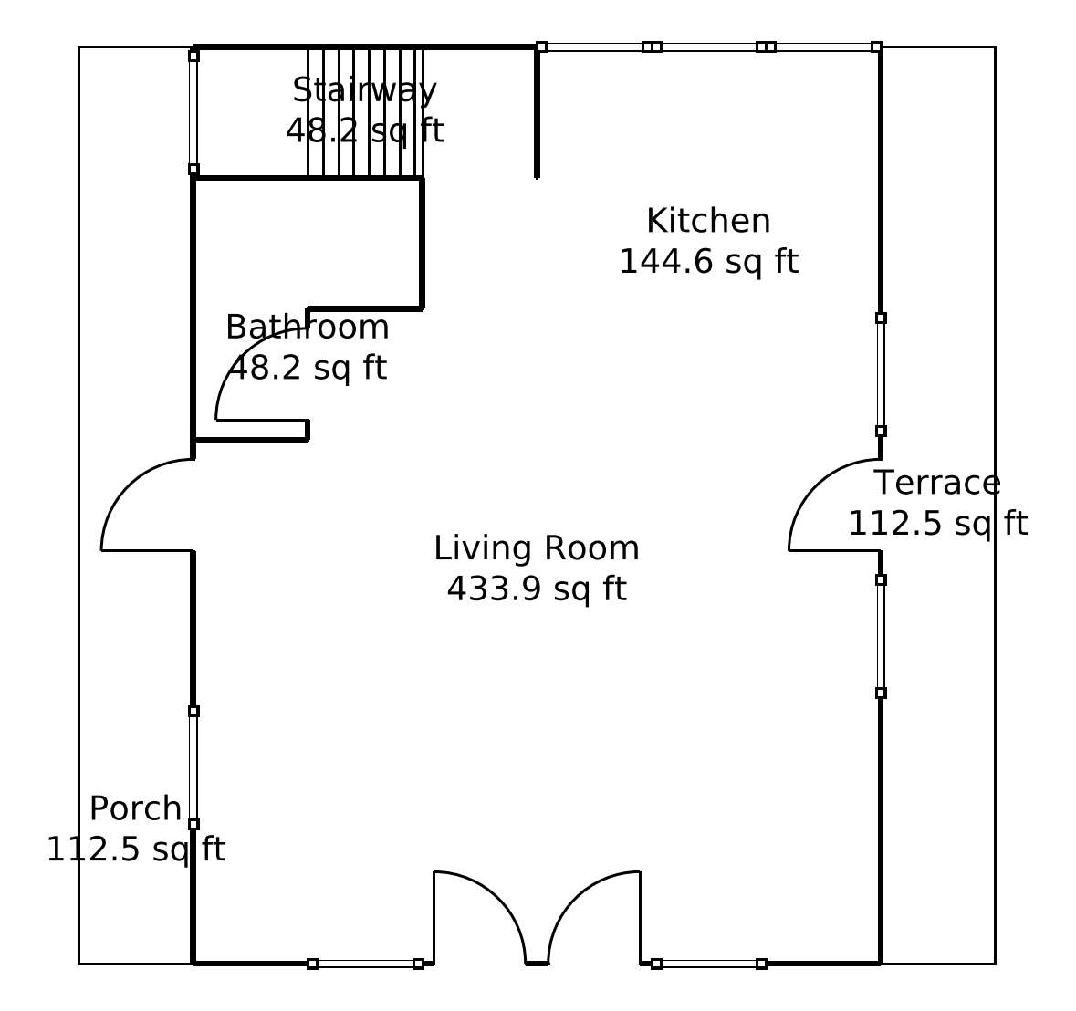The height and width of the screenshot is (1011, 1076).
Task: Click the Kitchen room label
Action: pos(708,222)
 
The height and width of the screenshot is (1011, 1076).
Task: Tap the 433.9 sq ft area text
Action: pos(537,589)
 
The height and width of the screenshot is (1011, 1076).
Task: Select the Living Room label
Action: pos(537,548)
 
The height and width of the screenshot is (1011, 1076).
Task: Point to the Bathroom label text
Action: pos(308,327)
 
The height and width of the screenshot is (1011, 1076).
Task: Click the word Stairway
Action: pos(365,90)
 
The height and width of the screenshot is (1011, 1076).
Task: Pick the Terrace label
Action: pos(937,483)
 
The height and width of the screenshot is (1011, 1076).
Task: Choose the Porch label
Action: pos(135,808)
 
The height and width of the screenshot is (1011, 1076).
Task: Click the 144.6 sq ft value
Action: pos(708,262)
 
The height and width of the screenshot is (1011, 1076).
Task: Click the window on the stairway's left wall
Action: pos(193,112)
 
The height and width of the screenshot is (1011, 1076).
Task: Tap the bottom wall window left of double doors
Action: pos(365,964)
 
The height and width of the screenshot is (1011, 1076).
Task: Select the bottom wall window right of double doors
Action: pos(708,964)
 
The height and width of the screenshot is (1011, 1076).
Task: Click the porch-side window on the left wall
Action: pos(193,767)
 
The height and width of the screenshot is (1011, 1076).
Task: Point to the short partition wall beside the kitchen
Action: pos(537,112)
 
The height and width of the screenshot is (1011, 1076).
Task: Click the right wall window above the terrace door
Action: pos(881,374)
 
